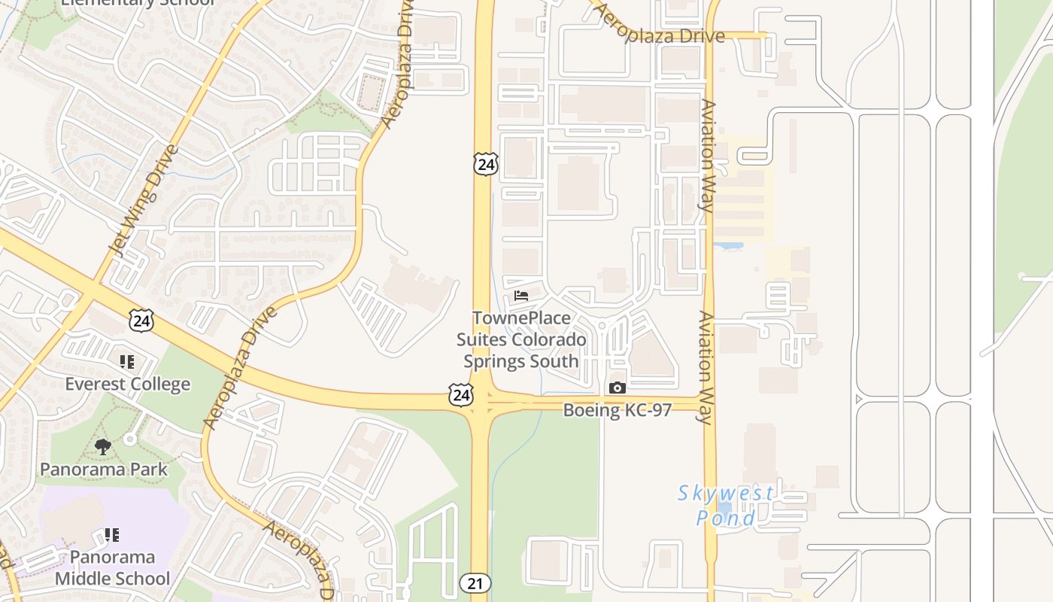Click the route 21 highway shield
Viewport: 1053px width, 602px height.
tap(475, 582)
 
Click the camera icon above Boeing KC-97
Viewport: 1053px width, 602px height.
tap(617, 388)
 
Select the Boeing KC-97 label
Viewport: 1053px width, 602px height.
tap(617, 410)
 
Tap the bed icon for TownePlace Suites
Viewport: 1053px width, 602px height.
tap(521, 296)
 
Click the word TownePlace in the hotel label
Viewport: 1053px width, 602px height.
tap(521, 318)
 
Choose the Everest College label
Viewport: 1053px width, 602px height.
tap(127, 385)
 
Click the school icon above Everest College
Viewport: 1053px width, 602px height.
tap(127, 363)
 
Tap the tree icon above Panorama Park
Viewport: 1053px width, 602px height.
tap(103, 448)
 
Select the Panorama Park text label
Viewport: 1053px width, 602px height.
tap(103, 470)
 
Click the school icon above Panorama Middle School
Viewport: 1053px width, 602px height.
tap(112, 535)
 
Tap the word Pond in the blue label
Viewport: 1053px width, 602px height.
tap(725, 518)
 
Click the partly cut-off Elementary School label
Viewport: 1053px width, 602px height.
tap(138, 3)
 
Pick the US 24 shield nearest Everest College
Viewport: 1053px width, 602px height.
tap(141, 321)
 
